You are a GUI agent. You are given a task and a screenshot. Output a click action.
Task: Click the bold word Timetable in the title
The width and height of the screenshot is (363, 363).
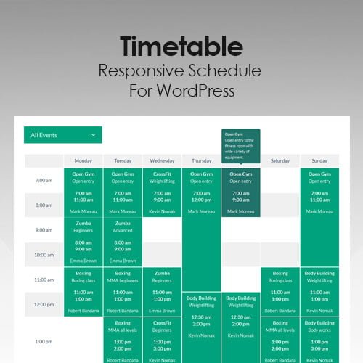tap(181, 47)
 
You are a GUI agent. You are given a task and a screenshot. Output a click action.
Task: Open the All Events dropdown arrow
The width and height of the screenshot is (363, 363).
tap(93, 135)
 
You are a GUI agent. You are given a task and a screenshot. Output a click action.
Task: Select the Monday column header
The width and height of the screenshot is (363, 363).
tap(83, 160)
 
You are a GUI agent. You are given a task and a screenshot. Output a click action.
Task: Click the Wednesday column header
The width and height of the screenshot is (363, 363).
tap(162, 160)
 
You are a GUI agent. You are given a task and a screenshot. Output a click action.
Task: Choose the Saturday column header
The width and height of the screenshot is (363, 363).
tap(280, 160)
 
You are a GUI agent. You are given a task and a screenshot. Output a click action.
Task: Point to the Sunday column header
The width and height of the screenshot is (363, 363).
tap(319, 160)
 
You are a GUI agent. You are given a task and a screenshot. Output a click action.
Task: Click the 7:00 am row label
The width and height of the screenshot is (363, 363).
tap(44, 181)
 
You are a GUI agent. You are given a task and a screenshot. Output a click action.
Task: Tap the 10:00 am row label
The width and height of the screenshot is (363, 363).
tap(44, 255)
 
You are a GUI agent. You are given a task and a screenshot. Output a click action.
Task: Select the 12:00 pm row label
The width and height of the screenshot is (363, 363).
tap(44, 304)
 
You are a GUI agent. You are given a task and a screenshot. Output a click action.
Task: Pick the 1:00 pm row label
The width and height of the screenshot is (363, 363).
tap(44, 341)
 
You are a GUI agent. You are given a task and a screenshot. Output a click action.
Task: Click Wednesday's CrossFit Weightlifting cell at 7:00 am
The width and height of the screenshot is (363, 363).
tap(162, 192)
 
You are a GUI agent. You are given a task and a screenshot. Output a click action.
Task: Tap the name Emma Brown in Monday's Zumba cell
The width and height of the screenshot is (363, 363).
tap(83, 260)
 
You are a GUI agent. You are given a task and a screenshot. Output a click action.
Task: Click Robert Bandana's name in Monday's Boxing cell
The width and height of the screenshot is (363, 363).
tap(83, 309)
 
